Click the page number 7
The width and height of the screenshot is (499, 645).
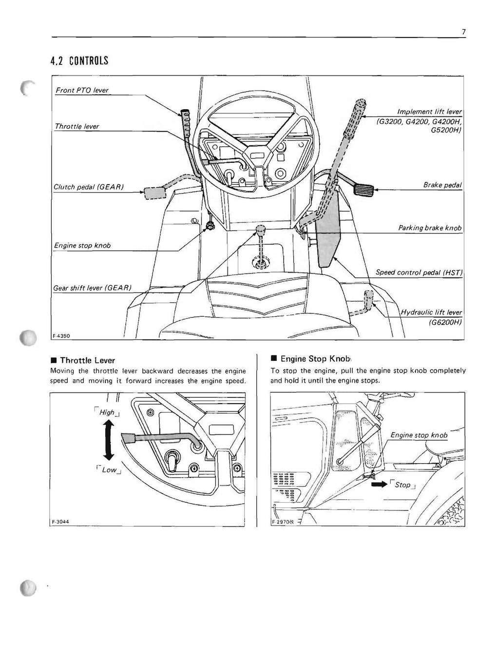(463, 32)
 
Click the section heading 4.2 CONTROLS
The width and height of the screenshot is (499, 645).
(79, 61)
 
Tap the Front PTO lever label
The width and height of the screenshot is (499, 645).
(81, 90)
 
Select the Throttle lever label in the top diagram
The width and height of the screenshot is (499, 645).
(77, 126)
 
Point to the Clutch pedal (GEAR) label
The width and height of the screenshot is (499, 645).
(89, 187)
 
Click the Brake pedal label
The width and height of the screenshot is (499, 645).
(442, 185)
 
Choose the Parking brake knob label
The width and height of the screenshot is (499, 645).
(429, 228)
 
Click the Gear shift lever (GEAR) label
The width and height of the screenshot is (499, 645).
(93, 288)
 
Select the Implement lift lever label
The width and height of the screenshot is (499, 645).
(429, 111)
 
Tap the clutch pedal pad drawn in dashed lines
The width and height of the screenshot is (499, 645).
(154, 193)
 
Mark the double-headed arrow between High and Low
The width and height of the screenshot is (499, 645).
(109, 441)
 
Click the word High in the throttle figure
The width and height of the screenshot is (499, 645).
(107, 412)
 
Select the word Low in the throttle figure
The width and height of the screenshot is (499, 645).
(109, 469)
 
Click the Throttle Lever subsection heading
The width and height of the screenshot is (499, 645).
(87, 360)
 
